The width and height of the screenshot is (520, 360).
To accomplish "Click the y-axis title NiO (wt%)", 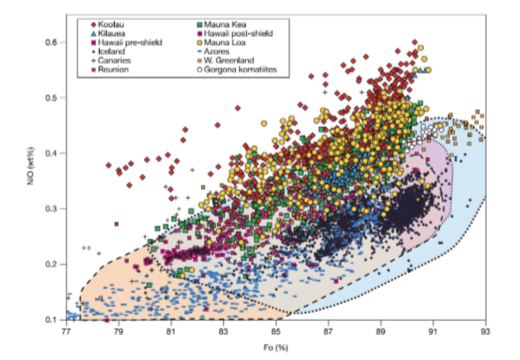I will pyautogui.click(x=31, y=166).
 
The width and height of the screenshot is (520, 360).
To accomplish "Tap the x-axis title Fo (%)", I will pyautogui.click(x=276, y=348).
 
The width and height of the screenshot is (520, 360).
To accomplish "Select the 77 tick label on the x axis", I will pyautogui.click(x=66, y=331).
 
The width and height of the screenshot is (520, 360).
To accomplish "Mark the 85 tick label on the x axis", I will pyautogui.click(x=276, y=331).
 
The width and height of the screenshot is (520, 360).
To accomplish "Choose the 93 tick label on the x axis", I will pyautogui.click(x=485, y=331).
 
